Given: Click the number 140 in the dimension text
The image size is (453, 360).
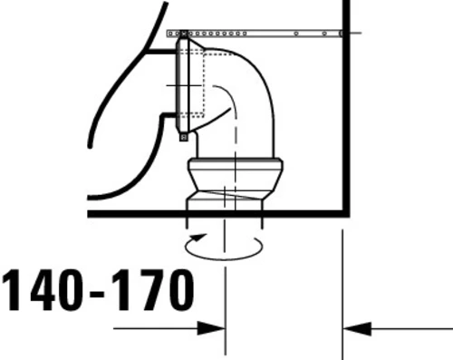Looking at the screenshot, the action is coord(43,290).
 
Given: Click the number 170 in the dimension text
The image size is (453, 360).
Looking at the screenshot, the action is coord(154,290).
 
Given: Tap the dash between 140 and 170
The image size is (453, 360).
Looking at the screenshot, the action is coord(97,293).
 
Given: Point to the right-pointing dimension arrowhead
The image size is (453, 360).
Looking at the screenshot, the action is coord(211,328).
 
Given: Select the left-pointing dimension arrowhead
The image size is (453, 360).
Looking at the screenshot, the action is coord(357,328).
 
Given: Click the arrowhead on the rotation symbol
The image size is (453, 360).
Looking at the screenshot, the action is coord(199,238).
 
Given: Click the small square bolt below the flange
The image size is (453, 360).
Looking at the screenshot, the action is coord(183,137).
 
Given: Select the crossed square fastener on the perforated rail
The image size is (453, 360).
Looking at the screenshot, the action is coord(184,34).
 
